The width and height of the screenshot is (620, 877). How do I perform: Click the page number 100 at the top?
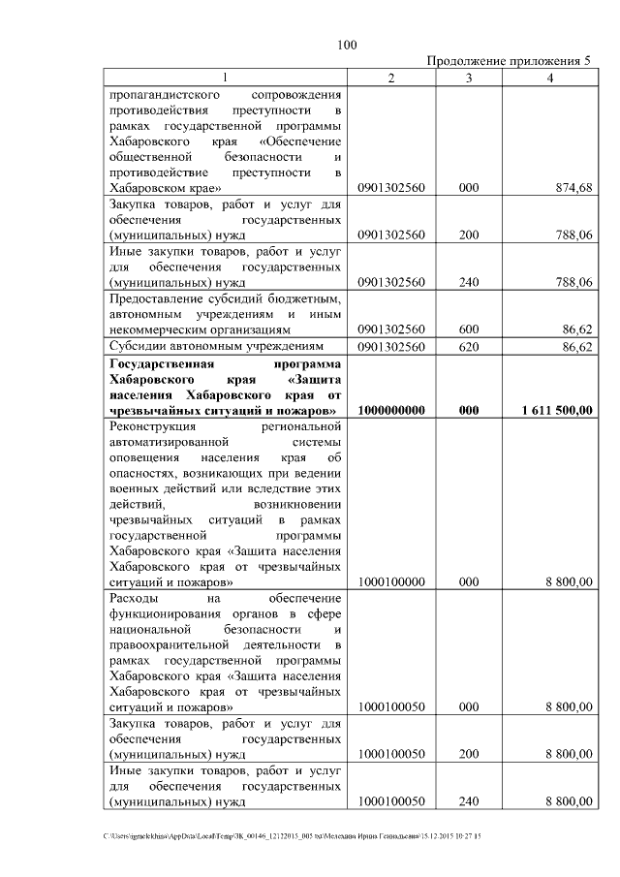[x=348, y=44]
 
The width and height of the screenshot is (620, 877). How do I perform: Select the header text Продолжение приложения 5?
[x=509, y=61]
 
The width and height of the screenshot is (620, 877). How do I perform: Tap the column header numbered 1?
[x=226, y=78]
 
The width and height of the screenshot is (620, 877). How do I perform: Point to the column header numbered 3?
[x=469, y=78]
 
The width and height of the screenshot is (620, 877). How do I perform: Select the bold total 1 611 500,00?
[x=556, y=410]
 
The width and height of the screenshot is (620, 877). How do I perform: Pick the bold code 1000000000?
[x=391, y=410]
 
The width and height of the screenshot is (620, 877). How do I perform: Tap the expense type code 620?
[x=469, y=346]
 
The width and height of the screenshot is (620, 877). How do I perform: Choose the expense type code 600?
[x=469, y=329]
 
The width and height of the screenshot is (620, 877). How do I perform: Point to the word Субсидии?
[x=139, y=346]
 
